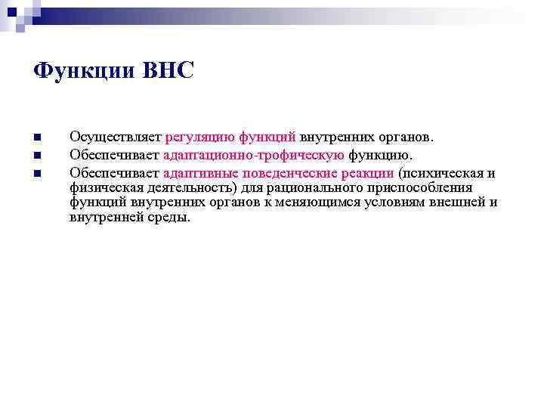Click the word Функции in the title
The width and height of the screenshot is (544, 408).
[x=79, y=72]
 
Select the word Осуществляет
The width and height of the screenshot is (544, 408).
[x=114, y=138]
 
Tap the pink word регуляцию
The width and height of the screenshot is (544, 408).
[x=198, y=138]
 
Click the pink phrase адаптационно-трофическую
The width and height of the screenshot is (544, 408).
[x=254, y=156]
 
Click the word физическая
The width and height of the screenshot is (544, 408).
[x=102, y=187]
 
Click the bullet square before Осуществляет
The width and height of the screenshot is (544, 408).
[x=37, y=138]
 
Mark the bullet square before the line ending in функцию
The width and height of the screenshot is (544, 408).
[x=37, y=156]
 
